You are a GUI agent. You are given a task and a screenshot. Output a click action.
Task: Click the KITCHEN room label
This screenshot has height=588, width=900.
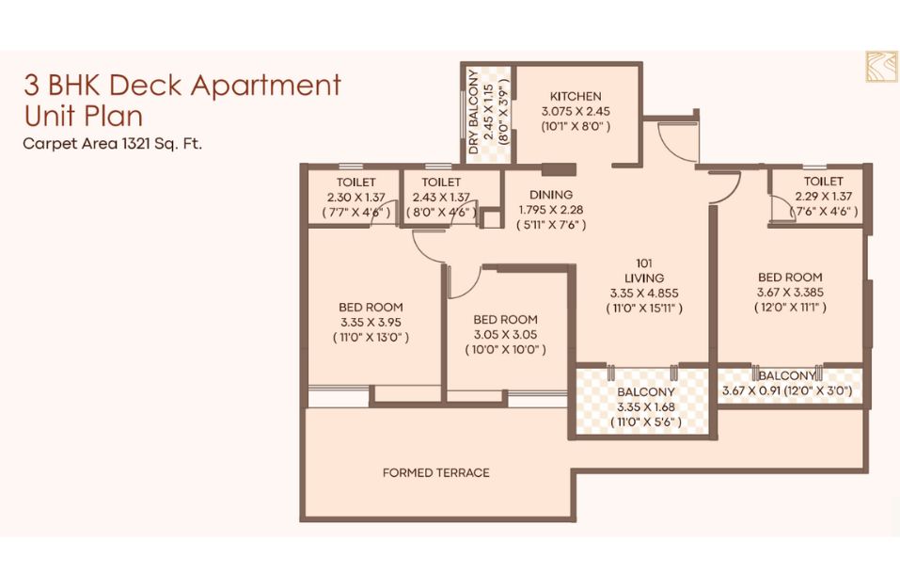(576, 97)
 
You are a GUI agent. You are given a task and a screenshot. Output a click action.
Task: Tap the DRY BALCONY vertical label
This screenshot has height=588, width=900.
(474, 111)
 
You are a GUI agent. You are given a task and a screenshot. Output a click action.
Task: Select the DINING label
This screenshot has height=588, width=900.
(551, 195)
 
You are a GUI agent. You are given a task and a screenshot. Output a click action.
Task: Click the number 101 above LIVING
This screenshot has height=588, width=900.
(644, 263)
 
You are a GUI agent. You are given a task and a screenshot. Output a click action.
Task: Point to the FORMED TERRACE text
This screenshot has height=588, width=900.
(436, 472)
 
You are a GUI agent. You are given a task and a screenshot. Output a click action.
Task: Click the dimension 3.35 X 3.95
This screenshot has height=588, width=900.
(371, 322)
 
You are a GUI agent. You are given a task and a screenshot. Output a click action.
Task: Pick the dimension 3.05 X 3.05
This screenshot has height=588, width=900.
(506, 335)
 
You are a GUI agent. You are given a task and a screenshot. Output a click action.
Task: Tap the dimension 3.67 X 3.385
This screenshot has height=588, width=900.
(790, 293)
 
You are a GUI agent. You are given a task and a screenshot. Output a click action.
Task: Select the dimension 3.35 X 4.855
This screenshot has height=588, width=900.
(644, 294)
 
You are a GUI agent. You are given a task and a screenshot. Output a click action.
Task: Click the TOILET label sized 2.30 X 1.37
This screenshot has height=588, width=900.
(355, 182)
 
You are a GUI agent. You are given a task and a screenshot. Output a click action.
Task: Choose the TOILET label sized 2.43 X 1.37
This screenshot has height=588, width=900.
(441, 182)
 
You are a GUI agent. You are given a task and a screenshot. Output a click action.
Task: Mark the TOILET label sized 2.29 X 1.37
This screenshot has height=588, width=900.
(823, 182)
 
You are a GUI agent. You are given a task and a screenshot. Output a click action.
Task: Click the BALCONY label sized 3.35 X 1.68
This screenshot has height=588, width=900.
(646, 392)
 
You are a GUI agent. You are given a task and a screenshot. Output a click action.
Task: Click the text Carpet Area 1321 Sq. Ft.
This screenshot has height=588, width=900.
(113, 143)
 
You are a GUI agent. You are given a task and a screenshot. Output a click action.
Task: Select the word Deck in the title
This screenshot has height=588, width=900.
(146, 85)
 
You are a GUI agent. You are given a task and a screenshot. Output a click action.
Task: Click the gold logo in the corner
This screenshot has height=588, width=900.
(881, 67)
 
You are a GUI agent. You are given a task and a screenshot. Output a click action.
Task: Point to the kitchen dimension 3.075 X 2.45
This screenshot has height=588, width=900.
(576, 111)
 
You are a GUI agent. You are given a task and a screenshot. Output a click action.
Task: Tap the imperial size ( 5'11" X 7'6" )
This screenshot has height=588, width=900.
(551, 225)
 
